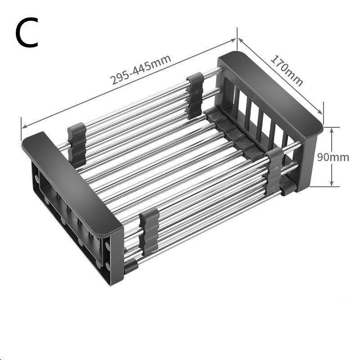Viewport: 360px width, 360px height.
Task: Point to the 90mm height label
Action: (333, 157)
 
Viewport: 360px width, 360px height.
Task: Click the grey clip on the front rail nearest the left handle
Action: (148, 232)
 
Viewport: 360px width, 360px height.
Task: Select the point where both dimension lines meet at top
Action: (237, 38)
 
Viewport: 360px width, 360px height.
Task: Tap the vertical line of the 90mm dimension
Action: (332, 144)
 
